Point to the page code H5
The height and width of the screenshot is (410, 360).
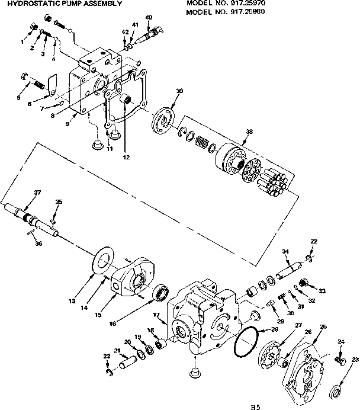tap(255, 406)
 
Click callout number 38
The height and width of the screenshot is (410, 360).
tap(249, 132)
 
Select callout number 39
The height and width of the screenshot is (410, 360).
tap(179, 89)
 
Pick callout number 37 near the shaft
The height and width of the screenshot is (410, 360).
tap(37, 192)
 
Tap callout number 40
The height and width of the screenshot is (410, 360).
tap(148, 17)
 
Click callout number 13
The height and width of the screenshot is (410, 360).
tap(72, 301)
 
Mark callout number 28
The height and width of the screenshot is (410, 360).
tap(274, 329)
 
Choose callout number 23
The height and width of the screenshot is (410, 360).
tap(355, 360)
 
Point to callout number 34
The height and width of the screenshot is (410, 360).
tap(285, 251)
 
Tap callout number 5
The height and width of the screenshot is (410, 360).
tap(20, 97)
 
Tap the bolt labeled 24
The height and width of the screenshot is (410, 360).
tap(340, 360)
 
